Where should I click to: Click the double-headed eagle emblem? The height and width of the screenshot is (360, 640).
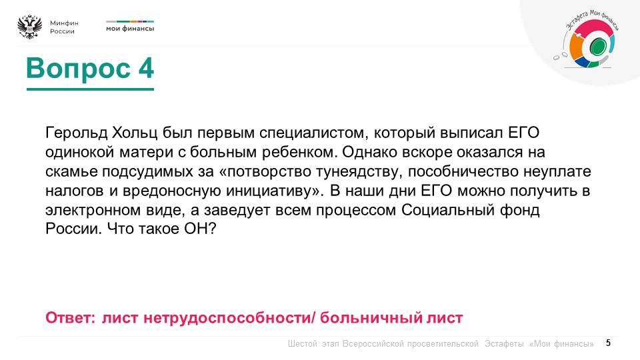pyautogui.click(x=29, y=27)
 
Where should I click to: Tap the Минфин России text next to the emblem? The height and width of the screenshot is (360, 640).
pyautogui.click(x=64, y=27)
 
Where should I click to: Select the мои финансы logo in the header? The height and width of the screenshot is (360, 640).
pyautogui.click(x=130, y=28)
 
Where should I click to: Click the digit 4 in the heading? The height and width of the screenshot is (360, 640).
pyautogui.click(x=145, y=68)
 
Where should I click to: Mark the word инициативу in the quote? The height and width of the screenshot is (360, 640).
pyautogui.click(x=270, y=190)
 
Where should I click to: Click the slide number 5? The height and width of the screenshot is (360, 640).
pyautogui.click(x=608, y=343)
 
